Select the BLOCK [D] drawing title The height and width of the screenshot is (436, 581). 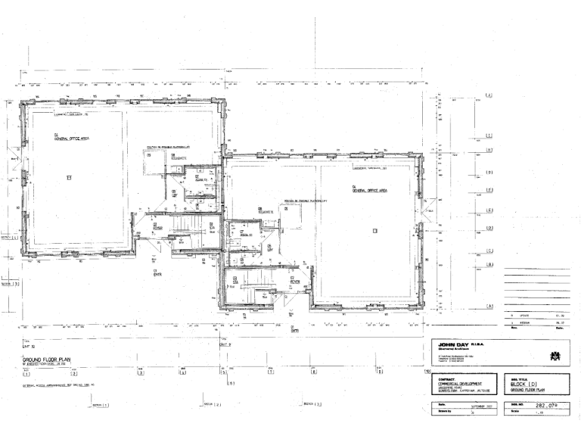515,384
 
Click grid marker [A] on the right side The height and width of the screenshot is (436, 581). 489,306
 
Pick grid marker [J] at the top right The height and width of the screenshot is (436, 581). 489,95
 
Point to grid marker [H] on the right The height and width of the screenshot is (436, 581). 489,149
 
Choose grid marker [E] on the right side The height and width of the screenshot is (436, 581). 489,210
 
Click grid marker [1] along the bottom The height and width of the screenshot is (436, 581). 26,373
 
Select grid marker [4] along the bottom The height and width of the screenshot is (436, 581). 182,372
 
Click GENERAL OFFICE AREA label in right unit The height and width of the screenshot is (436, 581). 368,191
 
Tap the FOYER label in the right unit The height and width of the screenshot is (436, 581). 295,282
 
